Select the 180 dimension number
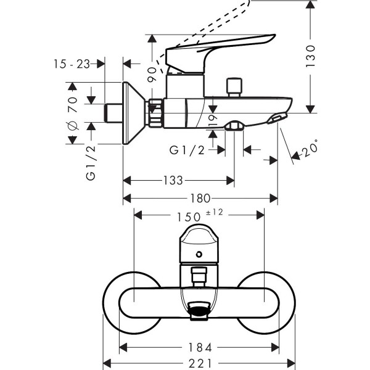click(200, 199)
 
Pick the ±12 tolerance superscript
click(214, 213)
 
